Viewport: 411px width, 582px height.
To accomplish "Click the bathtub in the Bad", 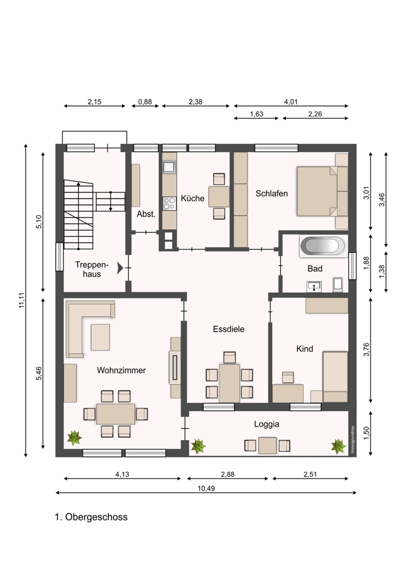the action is (x=323, y=246).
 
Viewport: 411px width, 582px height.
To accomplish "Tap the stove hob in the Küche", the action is (x=169, y=203).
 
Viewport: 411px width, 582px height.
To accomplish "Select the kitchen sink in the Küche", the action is (x=169, y=166).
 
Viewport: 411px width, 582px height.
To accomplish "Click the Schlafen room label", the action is (x=271, y=193).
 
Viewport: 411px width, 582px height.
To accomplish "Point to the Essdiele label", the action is (x=229, y=329).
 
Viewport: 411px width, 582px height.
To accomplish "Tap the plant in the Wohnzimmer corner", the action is (x=75, y=438).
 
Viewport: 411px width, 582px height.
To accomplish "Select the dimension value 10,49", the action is (x=206, y=488).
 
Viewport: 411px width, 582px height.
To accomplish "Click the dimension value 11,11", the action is (x=21, y=300).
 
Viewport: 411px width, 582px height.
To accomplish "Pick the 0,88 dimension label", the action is (x=145, y=102).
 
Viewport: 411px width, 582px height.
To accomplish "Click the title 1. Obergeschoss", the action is (x=91, y=517).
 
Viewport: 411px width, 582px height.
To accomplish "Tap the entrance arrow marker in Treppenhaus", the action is (x=120, y=268).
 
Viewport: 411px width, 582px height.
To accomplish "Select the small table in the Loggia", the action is (x=267, y=445).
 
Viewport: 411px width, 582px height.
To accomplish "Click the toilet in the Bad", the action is (x=338, y=285).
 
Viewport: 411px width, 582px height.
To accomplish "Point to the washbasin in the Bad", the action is (x=314, y=286).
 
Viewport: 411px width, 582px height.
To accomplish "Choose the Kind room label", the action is (x=304, y=349).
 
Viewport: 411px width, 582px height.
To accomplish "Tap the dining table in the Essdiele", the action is (x=229, y=383).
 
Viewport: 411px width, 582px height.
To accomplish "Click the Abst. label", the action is (x=146, y=214).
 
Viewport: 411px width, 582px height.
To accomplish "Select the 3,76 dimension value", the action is (x=366, y=350).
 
